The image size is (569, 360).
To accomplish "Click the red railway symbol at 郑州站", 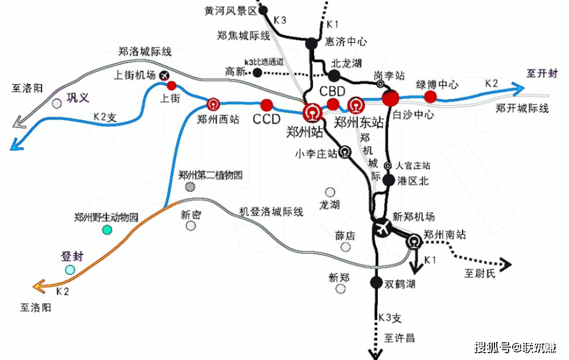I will pos(312,112).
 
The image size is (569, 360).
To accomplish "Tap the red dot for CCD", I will pos(267,105).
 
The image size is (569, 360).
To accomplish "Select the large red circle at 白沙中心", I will pos(391,98).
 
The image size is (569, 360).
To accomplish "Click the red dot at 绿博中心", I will pos(431,97).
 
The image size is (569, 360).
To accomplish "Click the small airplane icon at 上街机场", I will pos(165,75).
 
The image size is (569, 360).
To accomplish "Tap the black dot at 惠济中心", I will pos(311,43).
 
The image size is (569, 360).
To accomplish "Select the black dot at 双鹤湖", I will pos(376,282).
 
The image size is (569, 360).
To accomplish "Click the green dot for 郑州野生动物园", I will pos(107,230).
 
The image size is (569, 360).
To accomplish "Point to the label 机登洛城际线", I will pos(271,212).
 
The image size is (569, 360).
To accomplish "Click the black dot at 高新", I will pos(258,73).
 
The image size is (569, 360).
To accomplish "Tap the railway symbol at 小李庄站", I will pos(345,152).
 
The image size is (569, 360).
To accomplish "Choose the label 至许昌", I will pos(399,338).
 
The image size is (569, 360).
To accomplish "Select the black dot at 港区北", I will pos(389,180).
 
